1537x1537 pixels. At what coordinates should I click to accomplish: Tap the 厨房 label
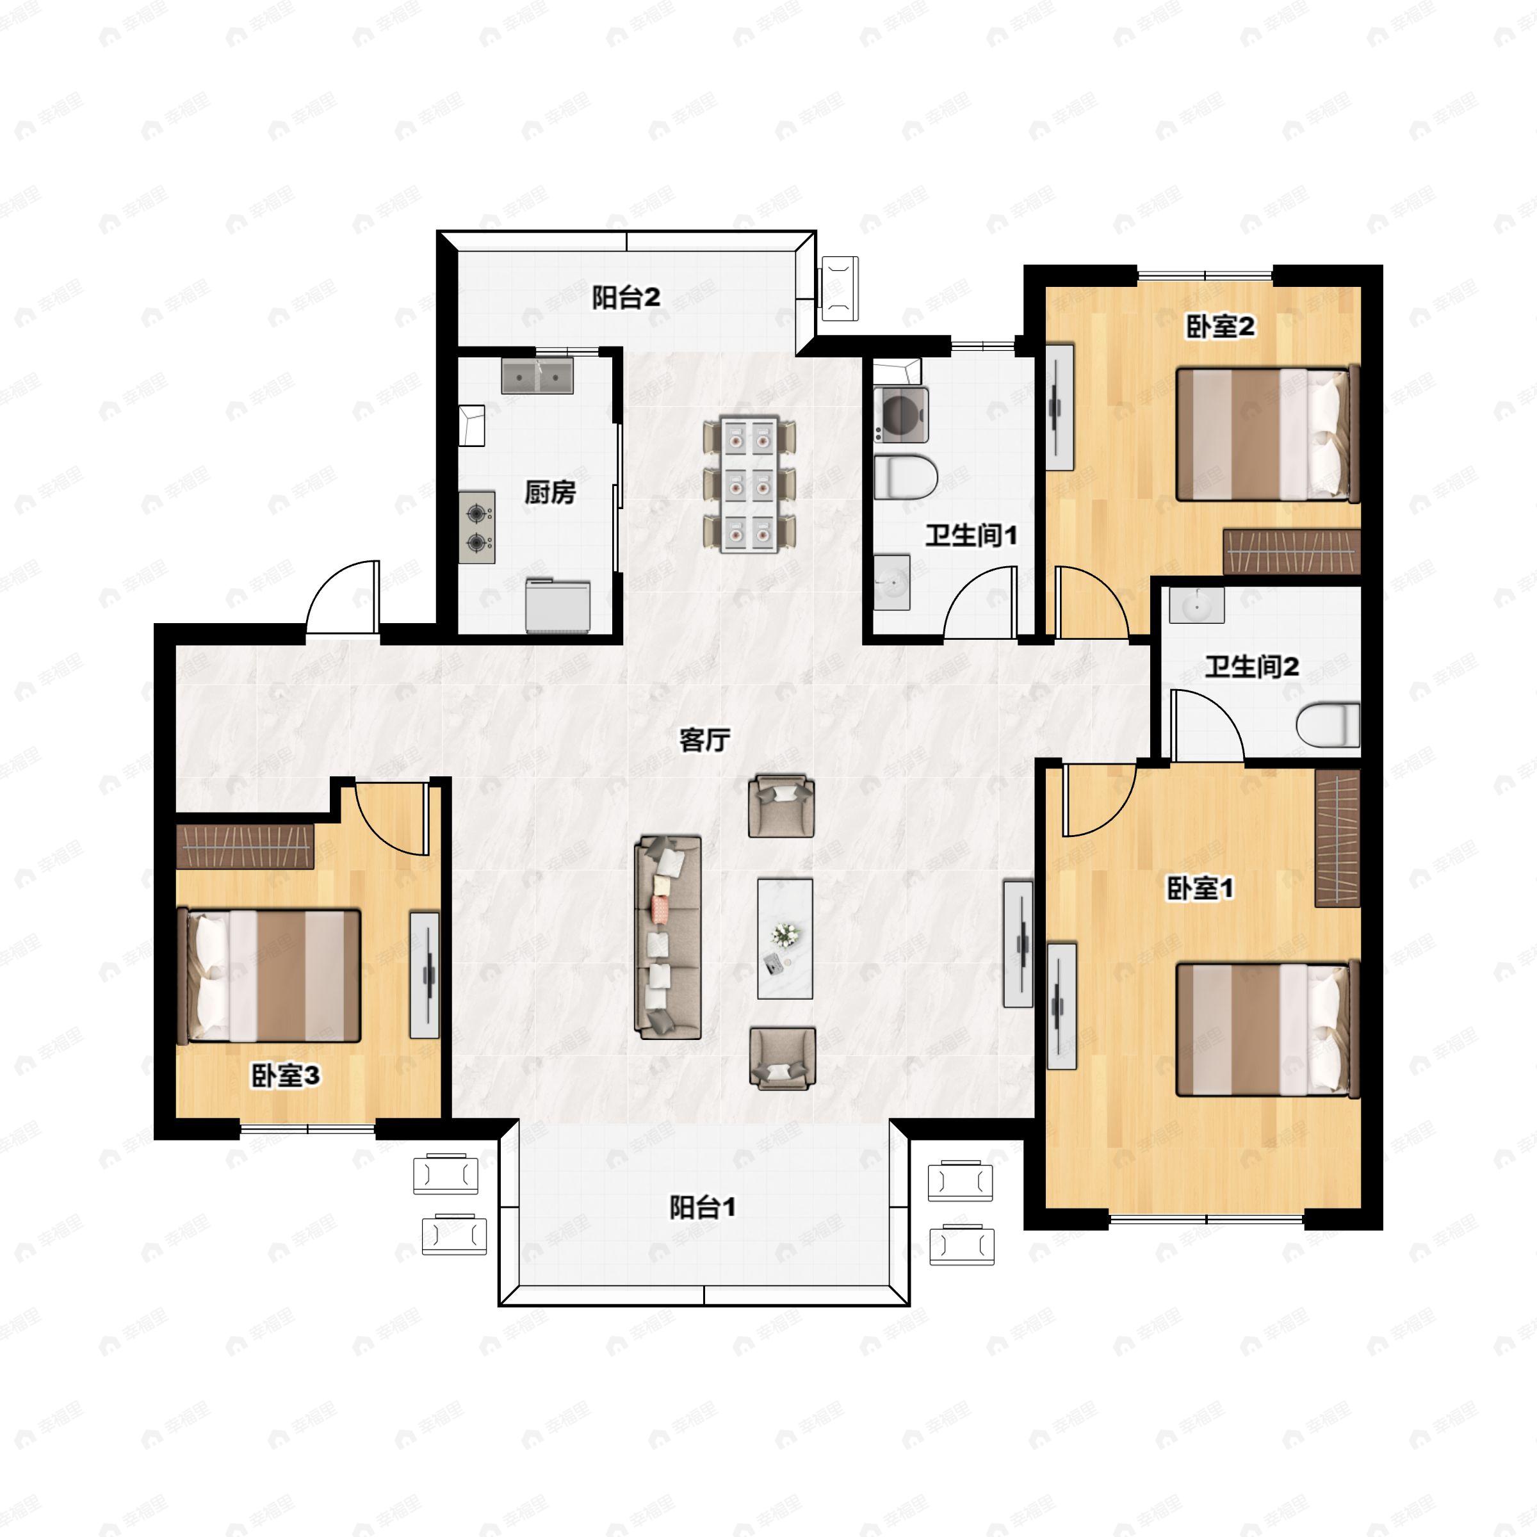(549, 492)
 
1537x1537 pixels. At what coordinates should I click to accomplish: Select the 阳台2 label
(626, 298)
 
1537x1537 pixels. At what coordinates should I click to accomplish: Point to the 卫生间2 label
(1252, 666)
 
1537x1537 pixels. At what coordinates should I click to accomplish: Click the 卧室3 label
(286, 1077)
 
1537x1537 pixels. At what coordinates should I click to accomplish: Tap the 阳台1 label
(702, 1208)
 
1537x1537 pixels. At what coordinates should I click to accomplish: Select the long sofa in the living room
(667, 937)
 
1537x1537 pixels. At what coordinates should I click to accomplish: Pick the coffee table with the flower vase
(785, 939)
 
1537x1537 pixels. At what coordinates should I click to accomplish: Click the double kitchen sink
(537, 375)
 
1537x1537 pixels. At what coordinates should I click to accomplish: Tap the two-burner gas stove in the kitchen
(476, 528)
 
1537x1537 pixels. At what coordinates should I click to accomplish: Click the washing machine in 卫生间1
(900, 414)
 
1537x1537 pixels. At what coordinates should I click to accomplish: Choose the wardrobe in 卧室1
(1337, 838)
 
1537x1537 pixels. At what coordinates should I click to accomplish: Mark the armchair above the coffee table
(781, 806)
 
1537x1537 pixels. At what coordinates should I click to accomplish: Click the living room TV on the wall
(1018, 943)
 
